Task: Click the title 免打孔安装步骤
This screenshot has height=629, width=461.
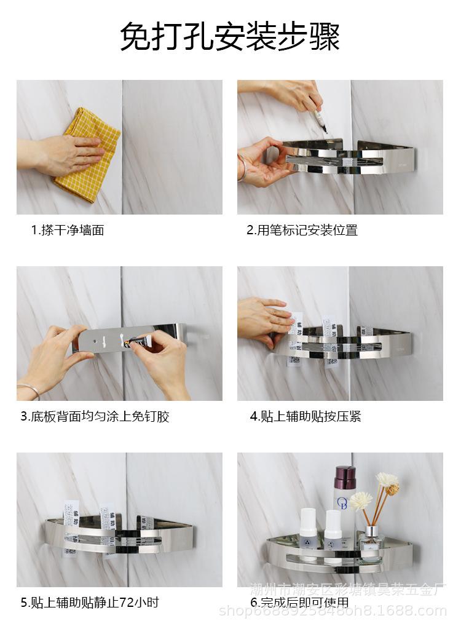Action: tap(230, 37)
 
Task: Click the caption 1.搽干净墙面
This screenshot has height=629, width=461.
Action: tap(68, 231)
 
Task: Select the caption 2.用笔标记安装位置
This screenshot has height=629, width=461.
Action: tap(302, 231)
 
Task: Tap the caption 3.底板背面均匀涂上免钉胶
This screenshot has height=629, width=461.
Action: tap(95, 417)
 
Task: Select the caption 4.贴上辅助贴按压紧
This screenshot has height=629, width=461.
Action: tap(305, 417)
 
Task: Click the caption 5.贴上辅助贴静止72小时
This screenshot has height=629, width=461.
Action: tap(90, 603)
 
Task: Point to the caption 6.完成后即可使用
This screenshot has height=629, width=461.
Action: tap(299, 603)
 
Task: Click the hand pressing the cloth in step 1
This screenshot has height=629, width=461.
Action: tap(68, 154)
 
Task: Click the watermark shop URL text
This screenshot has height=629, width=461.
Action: tap(333, 611)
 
